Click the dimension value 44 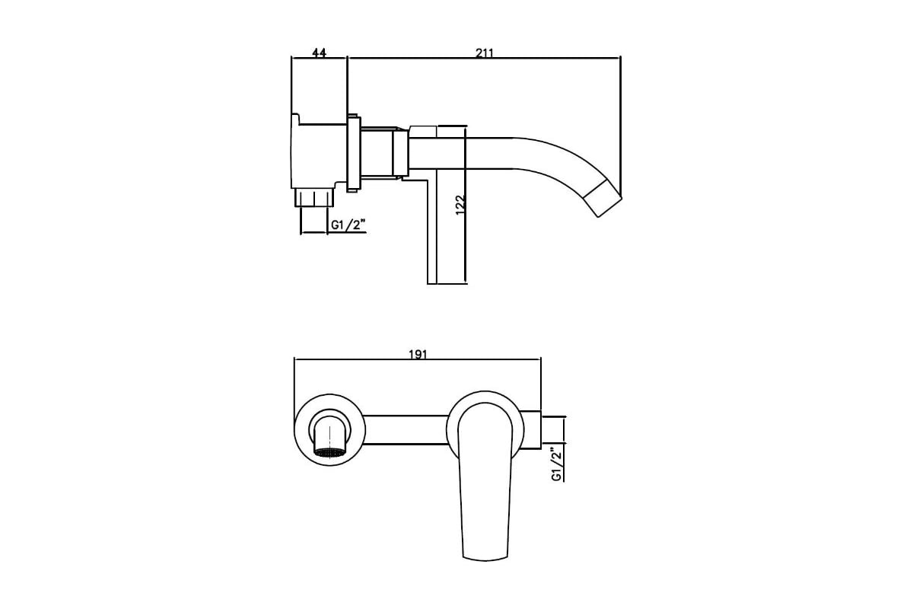319,53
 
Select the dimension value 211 485,53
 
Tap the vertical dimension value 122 460,205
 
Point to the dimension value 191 418,354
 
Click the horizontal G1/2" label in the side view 347,225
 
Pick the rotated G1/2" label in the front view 557,464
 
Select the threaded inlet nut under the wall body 313,197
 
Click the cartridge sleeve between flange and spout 385,152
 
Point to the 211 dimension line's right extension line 621,126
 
